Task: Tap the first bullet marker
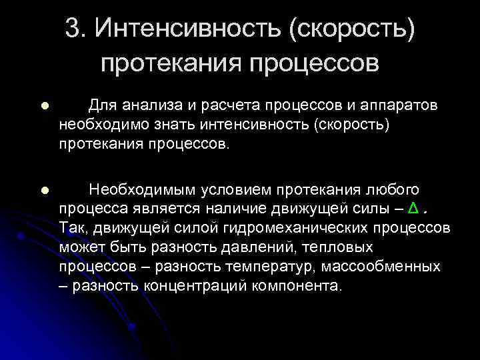pyautogui.click(x=44, y=106)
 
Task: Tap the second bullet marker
pyautogui.click(x=44, y=191)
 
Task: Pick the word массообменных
pyautogui.click(x=393, y=267)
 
